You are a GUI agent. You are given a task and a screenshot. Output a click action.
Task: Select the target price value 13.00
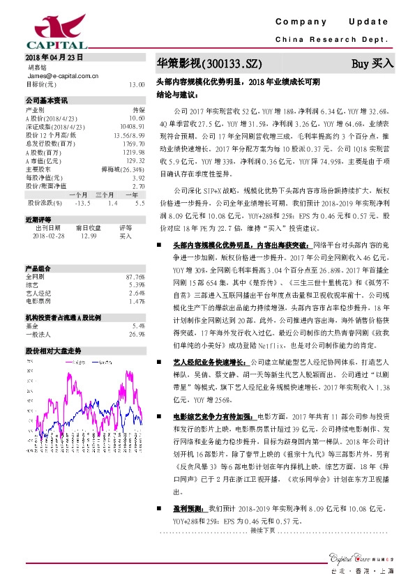137,84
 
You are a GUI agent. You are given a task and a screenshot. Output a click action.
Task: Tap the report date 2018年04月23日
54,56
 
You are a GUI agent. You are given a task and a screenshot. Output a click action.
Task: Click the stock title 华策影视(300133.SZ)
209,64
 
